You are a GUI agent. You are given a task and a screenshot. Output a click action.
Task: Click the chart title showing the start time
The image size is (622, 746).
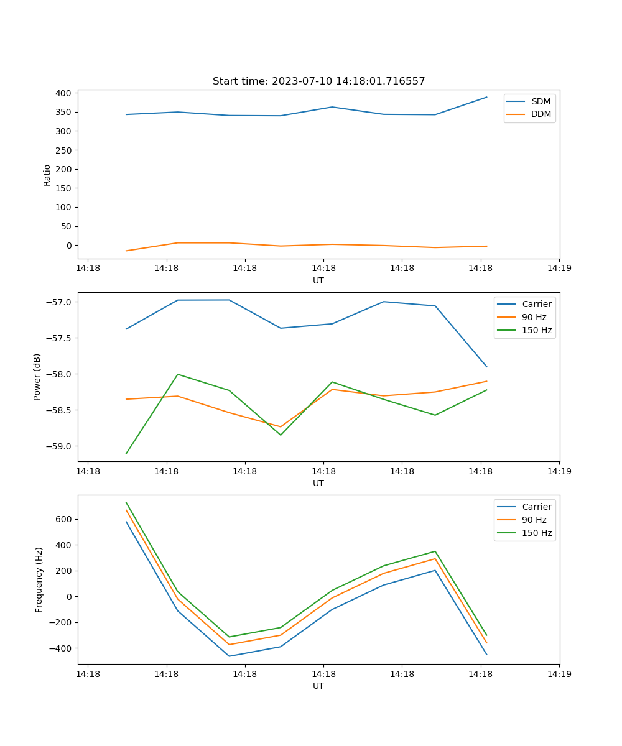pyautogui.click(x=318, y=81)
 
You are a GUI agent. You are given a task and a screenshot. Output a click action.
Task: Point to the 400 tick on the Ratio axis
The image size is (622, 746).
pyautogui.click(x=64, y=93)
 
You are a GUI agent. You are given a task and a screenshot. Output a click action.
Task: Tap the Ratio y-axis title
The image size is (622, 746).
pyautogui.click(x=47, y=175)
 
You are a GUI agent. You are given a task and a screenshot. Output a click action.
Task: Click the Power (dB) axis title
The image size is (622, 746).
pyautogui.click(x=37, y=377)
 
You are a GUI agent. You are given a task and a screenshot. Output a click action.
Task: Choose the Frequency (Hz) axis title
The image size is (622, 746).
pyautogui.click(x=39, y=579)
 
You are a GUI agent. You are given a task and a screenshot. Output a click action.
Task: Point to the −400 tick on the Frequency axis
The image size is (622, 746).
pyautogui.click(x=62, y=648)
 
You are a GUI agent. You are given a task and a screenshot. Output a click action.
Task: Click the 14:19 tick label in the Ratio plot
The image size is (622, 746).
pyautogui.click(x=559, y=269)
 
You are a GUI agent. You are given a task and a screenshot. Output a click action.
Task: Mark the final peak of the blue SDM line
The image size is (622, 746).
pyautogui.click(x=486, y=97)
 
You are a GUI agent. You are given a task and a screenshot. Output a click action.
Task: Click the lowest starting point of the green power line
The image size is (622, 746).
pyautogui.click(x=126, y=453)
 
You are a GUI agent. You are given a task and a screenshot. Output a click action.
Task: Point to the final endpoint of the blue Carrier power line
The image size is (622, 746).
pyautogui.click(x=486, y=367)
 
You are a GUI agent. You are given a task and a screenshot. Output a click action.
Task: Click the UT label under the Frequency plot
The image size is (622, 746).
pyautogui.click(x=318, y=686)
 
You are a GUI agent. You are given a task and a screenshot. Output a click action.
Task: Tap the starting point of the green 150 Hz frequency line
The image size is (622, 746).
pyautogui.click(x=126, y=503)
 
